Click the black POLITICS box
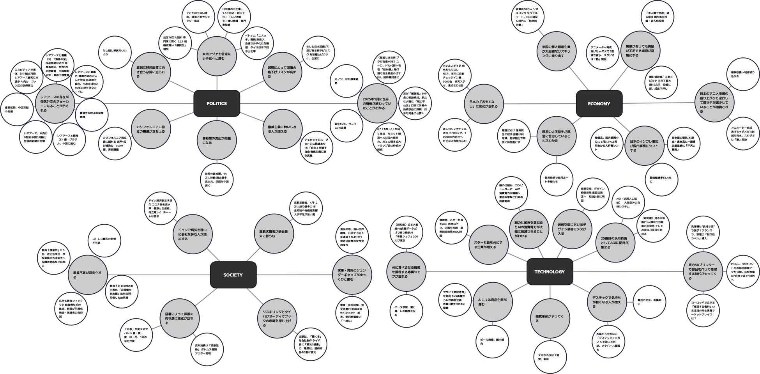coord(216,103)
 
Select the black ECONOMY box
coord(599,103)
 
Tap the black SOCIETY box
coord(233,275)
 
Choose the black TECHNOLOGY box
coord(550,271)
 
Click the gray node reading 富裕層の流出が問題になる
coord(214,140)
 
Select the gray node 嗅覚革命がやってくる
coord(550,318)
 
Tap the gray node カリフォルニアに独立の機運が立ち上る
coord(150,129)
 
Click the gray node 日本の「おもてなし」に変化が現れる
coord(483,104)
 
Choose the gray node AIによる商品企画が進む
coord(492,302)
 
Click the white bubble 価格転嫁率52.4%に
coord(663,179)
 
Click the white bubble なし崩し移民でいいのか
coord(115,52)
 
